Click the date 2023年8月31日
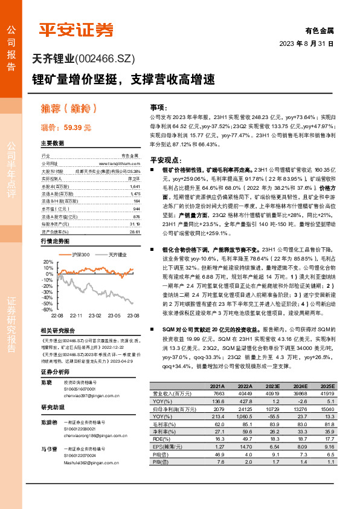(306, 44)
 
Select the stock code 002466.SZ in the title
(106, 59)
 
